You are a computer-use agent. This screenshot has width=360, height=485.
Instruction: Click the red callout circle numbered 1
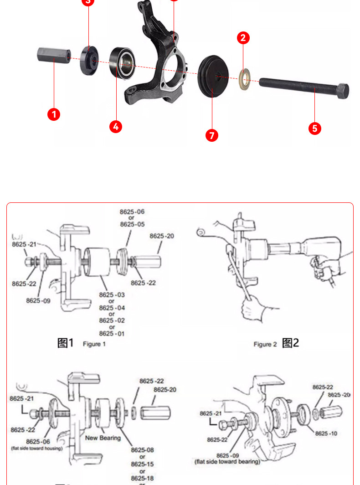54,114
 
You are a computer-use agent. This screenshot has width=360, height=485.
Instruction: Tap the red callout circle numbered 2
243,38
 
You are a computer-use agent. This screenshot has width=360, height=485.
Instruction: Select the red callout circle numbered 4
116,126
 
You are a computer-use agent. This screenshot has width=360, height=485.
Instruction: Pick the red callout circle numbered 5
315,128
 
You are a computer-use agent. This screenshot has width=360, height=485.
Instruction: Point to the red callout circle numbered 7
211,135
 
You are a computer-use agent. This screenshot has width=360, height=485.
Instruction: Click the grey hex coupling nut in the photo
53,56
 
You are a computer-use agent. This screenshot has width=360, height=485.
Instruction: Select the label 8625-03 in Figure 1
112,295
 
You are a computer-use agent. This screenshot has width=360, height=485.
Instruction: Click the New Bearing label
103,438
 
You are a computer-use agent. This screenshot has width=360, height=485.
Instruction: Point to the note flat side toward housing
37,449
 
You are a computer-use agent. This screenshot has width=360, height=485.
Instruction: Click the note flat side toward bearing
227,462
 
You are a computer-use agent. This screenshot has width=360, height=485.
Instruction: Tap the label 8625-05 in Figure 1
132,224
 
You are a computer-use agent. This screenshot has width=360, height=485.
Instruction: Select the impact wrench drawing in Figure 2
305,251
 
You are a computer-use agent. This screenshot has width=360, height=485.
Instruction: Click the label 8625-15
142,464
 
